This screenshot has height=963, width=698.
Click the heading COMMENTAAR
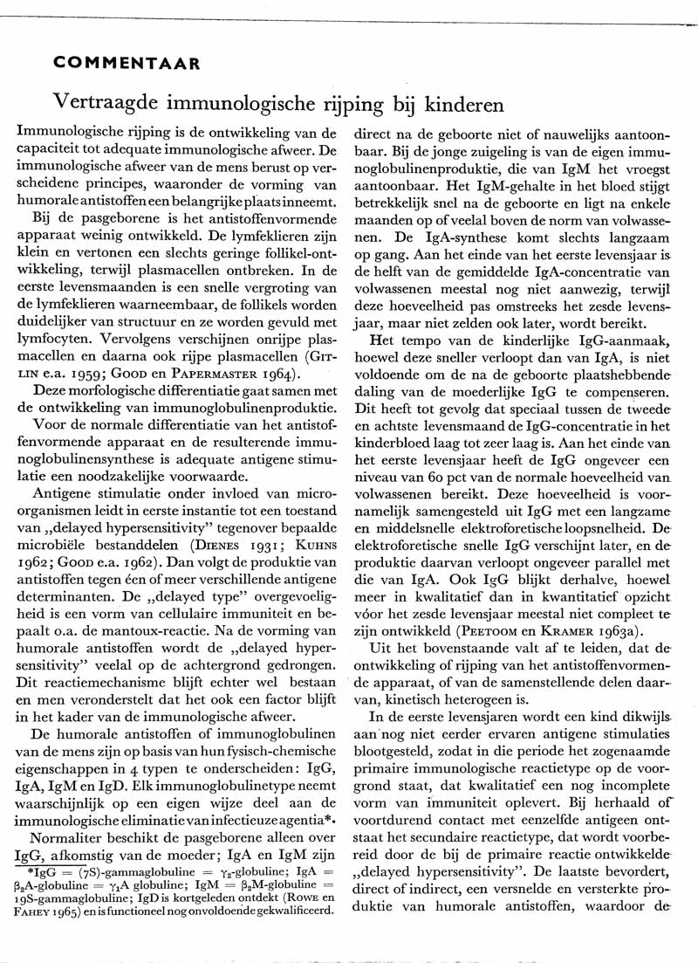click(127, 63)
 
